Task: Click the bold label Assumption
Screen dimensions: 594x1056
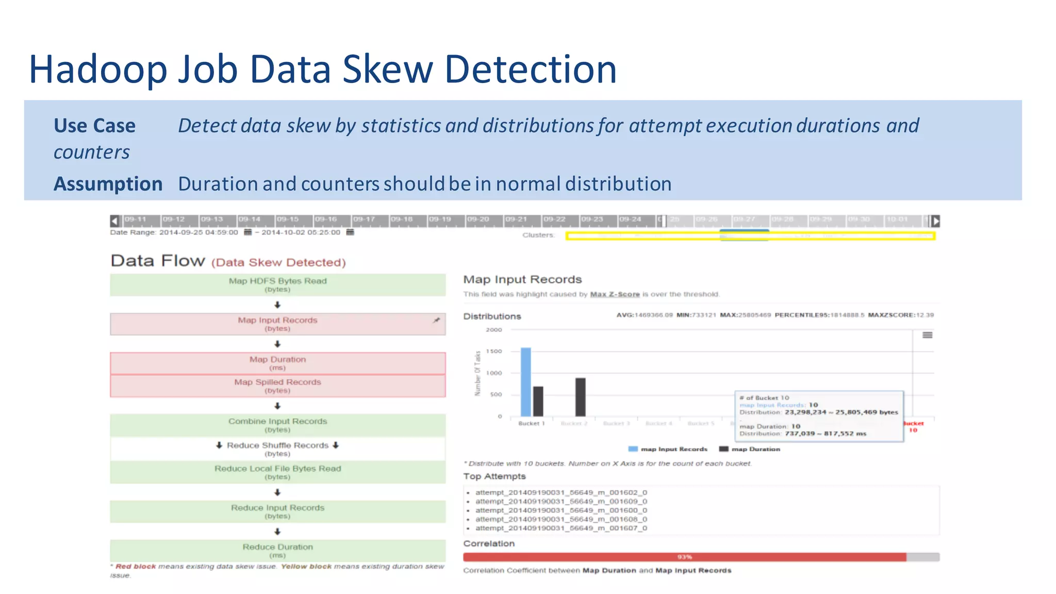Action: click(x=108, y=184)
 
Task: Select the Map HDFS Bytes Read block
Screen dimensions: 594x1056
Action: click(x=277, y=285)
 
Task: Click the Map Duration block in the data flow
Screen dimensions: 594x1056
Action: click(x=277, y=363)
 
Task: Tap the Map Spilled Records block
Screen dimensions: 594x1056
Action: click(x=277, y=386)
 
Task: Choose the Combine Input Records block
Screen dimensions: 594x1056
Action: click(x=277, y=425)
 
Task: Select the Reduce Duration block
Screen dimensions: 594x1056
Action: click(x=277, y=550)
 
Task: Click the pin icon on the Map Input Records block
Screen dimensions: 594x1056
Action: click(x=436, y=320)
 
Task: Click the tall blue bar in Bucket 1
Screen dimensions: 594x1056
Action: click(x=525, y=382)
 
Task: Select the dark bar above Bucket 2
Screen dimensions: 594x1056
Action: click(x=580, y=397)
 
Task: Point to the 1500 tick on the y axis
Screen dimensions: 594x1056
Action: click(x=493, y=351)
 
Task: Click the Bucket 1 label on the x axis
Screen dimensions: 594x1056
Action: click(x=531, y=423)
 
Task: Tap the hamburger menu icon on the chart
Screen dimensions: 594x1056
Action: click(x=927, y=335)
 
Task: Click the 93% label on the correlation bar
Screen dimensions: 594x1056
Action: click(x=684, y=557)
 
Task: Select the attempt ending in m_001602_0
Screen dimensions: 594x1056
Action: click(x=561, y=492)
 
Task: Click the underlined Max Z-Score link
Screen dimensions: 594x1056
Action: click(x=615, y=294)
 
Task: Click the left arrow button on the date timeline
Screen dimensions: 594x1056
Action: click(x=115, y=221)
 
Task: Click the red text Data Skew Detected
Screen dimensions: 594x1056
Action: click(x=278, y=262)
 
